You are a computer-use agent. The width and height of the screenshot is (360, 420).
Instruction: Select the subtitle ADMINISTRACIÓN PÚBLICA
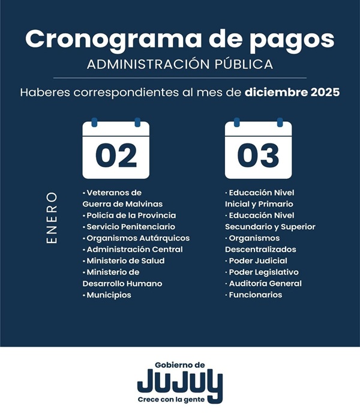coord(180,64)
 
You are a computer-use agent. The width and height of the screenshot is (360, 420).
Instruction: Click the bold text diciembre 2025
coord(292,93)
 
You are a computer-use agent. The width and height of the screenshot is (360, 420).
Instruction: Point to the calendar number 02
coord(116,155)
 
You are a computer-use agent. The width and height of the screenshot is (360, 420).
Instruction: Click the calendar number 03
coord(258,155)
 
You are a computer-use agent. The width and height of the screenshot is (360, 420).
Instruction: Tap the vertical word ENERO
coord(52,218)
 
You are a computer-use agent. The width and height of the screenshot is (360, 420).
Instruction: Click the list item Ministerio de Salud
coord(125,261)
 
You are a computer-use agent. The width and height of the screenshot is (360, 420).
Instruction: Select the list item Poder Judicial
coord(258,261)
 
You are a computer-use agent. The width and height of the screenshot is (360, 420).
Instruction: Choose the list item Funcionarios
coord(255,295)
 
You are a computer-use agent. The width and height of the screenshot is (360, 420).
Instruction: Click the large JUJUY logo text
coord(180,382)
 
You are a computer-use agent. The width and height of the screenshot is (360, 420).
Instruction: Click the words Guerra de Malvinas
coord(122,204)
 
